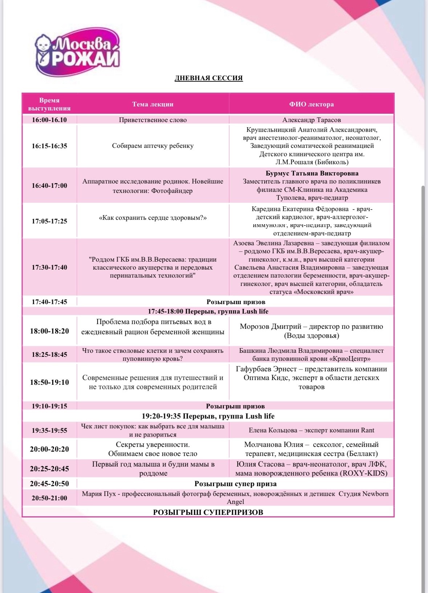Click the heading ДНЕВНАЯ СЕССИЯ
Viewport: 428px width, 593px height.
(x=209, y=78)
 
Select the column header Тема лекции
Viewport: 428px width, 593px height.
(x=153, y=104)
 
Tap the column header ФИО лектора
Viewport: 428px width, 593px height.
(x=311, y=104)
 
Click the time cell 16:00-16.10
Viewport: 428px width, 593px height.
(x=49, y=120)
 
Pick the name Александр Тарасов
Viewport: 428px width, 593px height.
(x=311, y=120)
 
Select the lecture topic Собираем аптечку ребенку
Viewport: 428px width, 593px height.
(x=153, y=146)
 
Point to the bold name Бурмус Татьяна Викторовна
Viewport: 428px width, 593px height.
(x=312, y=173)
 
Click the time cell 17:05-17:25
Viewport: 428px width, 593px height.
(x=49, y=221)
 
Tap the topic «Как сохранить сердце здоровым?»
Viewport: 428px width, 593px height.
(x=153, y=218)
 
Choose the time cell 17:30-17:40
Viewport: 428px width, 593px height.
(x=49, y=267)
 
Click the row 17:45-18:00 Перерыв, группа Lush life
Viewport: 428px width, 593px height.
(x=208, y=311)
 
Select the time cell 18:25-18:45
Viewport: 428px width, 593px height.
(x=49, y=355)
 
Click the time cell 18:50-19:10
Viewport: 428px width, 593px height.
(x=49, y=382)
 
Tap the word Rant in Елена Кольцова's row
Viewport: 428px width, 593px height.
(x=367, y=430)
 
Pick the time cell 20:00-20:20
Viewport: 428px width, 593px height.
(x=49, y=449)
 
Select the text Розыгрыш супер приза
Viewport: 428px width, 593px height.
(x=235, y=484)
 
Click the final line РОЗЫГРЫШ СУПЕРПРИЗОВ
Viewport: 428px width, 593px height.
(x=208, y=512)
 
